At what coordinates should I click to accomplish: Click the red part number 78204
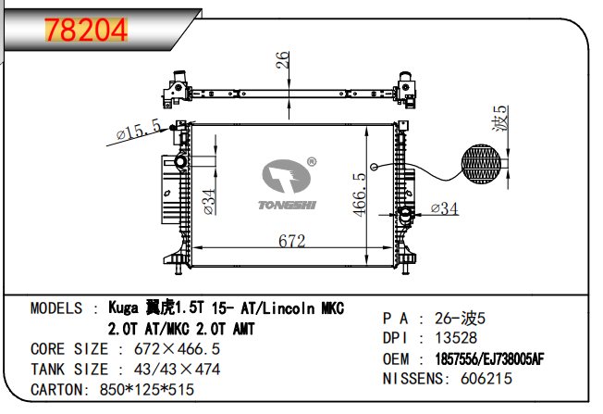(x=86, y=30)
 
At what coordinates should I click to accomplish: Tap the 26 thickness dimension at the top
(x=282, y=59)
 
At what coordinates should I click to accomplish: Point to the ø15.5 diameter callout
(x=139, y=130)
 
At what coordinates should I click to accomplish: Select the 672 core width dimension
(x=292, y=241)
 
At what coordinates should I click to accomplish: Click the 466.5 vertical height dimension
(x=360, y=194)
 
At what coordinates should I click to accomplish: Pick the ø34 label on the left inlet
(x=209, y=202)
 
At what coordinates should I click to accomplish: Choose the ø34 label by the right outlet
(x=445, y=208)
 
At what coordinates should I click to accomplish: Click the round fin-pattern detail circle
(x=481, y=164)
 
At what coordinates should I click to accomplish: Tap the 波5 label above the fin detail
(x=500, y=119)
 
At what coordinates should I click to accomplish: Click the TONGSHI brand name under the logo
(x=288, y=205)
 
